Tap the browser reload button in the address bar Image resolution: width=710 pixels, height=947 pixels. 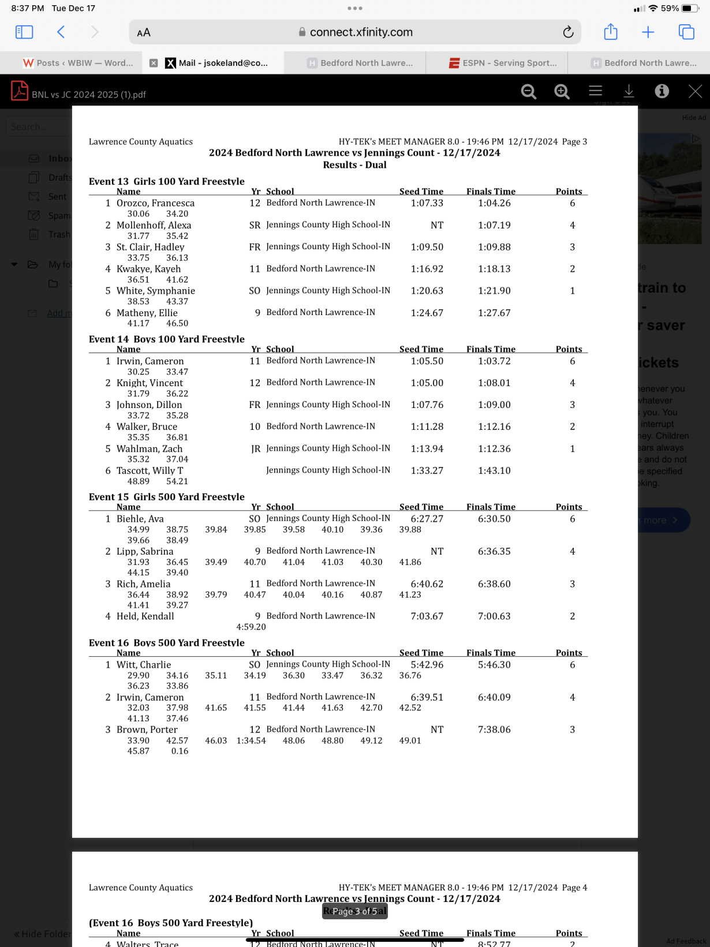tap(568, 32)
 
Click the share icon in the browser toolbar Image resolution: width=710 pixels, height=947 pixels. tap(611, 32)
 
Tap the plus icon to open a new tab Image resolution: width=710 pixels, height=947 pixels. tap(648, 32)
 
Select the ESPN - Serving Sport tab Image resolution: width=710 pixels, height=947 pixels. tap(503, 63)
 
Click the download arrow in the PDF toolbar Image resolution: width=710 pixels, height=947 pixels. tap(629, 91)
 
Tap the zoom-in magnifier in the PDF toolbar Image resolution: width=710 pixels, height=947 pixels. tap(562, 91)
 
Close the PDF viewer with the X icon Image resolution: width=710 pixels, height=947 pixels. tap(695, 91)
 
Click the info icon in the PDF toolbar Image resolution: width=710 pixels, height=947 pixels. tap(662, 91)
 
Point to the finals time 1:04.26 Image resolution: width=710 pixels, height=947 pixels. tap(494, 203)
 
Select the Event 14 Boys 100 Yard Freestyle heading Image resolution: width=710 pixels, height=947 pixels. tap(166, 339)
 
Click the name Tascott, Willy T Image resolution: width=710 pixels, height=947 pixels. tap(150, 471)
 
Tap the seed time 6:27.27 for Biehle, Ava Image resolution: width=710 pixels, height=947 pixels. tap(427, 519)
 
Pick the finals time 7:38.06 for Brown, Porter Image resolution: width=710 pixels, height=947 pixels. tap(494, 729)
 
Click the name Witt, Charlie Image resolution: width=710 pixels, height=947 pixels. tap(144, 665)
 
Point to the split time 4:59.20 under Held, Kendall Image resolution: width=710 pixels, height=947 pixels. tap(251, 627)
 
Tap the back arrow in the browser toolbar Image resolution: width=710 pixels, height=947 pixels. tap(61, 32)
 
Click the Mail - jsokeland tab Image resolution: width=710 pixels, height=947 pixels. tap(223, 63)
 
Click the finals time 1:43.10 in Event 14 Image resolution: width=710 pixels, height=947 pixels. tap(494, 471)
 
